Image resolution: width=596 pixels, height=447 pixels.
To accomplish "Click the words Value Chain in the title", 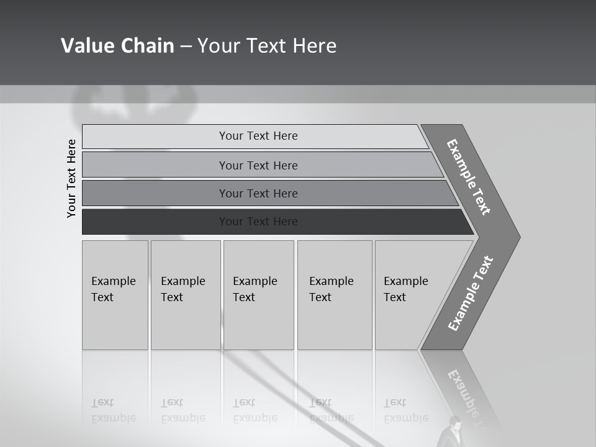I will [x=117, y=46].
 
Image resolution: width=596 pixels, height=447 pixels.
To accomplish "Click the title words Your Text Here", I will [x=267, y=46].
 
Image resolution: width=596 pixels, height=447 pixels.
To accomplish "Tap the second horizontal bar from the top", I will [x=258, y=165].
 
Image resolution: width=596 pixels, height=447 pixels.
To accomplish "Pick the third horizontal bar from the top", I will [x=258, y=193].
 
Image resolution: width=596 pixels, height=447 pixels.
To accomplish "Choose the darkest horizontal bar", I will [x=258, y=222].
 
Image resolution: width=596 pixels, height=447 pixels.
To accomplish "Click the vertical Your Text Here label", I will [x=71, y=178].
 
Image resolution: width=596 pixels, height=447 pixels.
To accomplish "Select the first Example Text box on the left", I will [x=115, y=294].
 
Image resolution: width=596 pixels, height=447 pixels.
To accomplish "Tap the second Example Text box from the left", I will [x=185, y=294].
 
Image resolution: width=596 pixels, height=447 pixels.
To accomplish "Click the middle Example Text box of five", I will [x=258, y=294].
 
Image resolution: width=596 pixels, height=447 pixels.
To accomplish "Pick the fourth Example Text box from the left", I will [x=334, y=294].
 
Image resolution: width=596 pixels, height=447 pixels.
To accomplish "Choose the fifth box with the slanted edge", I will [x=410, y=294].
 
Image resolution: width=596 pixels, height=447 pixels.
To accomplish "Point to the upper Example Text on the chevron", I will [x=469, y=177].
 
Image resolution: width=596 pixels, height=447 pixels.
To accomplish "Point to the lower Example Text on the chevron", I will [x=471, y=294].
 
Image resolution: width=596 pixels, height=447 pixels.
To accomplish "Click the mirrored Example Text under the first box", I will [x=114, y=410].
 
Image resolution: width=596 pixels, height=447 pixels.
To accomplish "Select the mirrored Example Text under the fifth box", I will [x=406, y=410].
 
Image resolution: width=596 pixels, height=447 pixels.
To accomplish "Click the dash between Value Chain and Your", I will [x=186, y=47].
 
